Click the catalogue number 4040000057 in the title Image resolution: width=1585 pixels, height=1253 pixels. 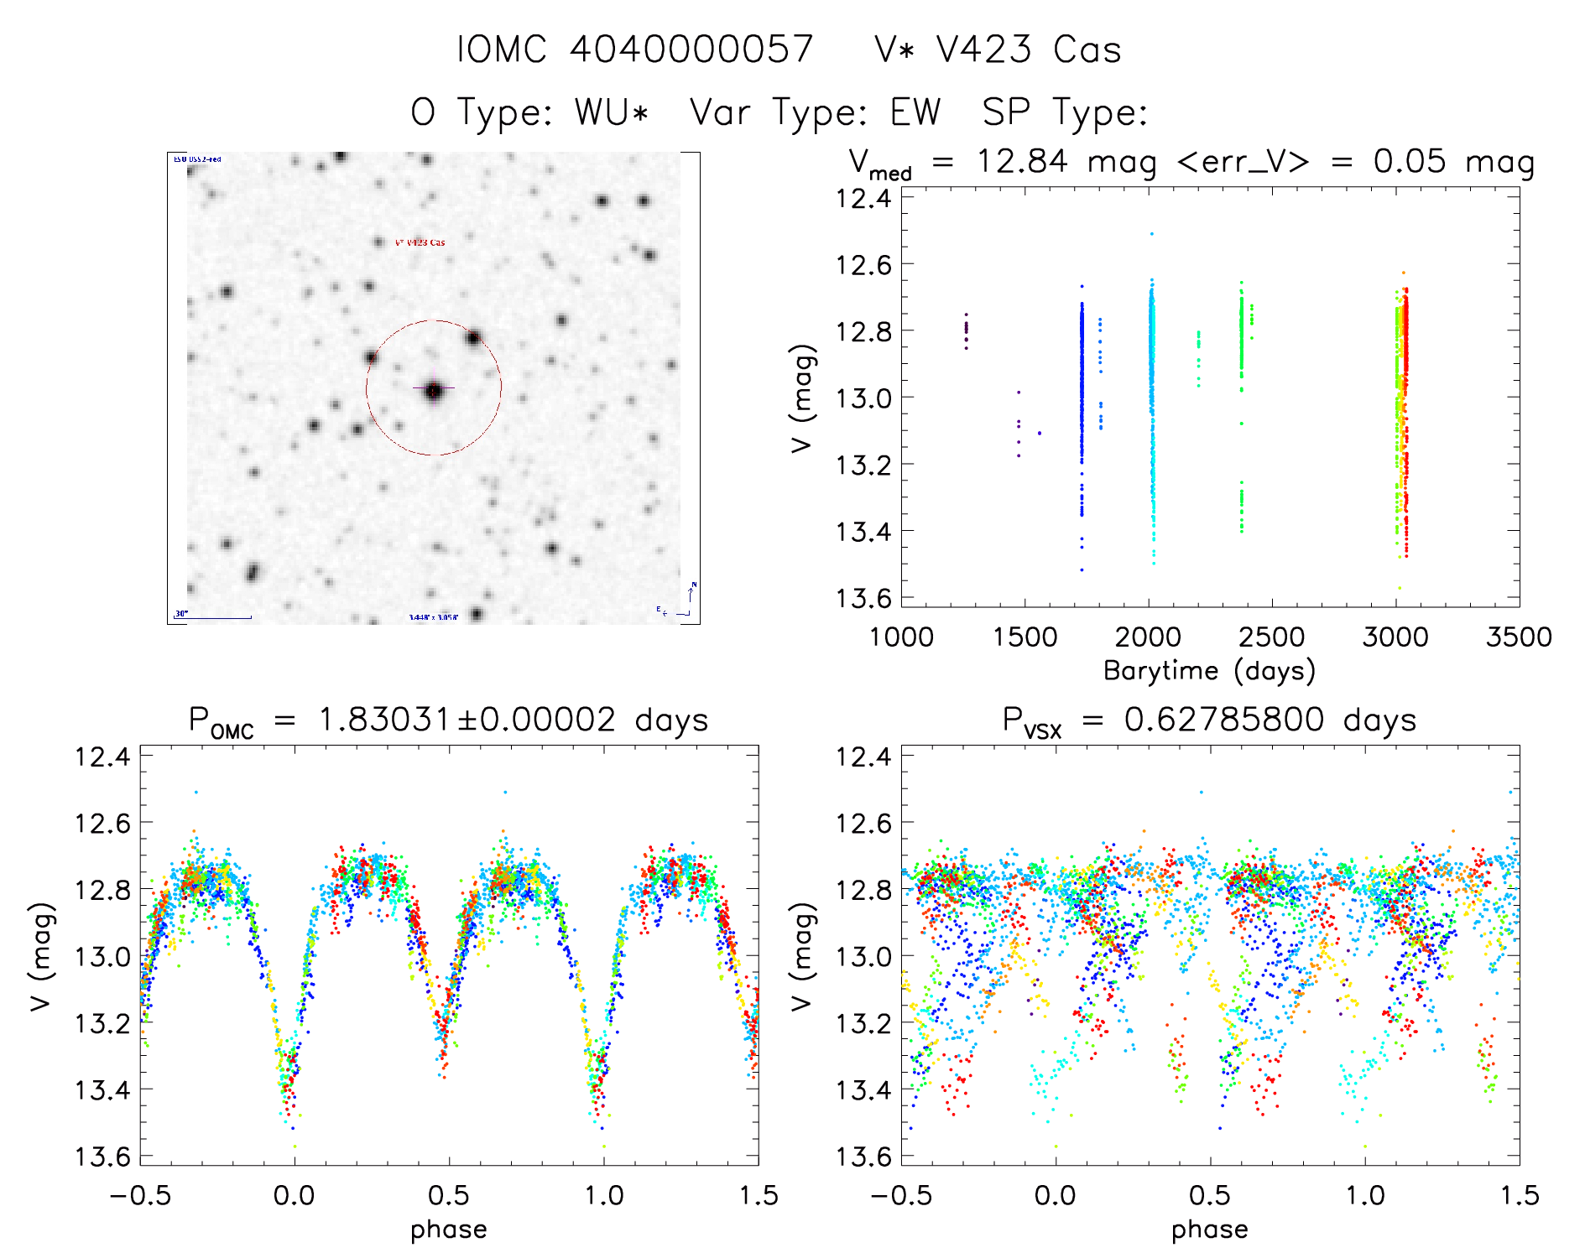click(691, 49)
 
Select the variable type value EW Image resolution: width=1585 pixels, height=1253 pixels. click(916, 112)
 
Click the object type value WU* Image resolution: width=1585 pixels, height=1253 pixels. click(612, 112)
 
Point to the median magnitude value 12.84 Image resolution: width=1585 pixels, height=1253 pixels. click(1022, 161)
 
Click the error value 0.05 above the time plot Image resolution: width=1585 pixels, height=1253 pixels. click(1410, 161)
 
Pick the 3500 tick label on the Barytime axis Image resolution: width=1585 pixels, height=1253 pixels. click(1519, 637)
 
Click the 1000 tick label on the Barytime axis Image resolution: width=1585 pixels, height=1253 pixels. click(901, 637)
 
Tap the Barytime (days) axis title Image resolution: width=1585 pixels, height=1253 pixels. click(1209, 670)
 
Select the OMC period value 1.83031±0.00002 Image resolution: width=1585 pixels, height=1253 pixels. click(467, 720)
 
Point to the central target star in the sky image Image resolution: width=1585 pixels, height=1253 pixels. click(434, 390)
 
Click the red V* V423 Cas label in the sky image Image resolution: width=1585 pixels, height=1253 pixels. click(420, 243)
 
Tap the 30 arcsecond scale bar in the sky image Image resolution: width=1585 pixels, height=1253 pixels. click(214, 617)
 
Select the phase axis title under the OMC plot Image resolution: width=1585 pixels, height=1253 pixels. click(449, 1230)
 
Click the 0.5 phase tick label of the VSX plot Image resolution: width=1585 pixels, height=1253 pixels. click(1210, 1195)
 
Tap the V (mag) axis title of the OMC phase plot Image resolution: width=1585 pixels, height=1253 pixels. click(42, 956)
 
